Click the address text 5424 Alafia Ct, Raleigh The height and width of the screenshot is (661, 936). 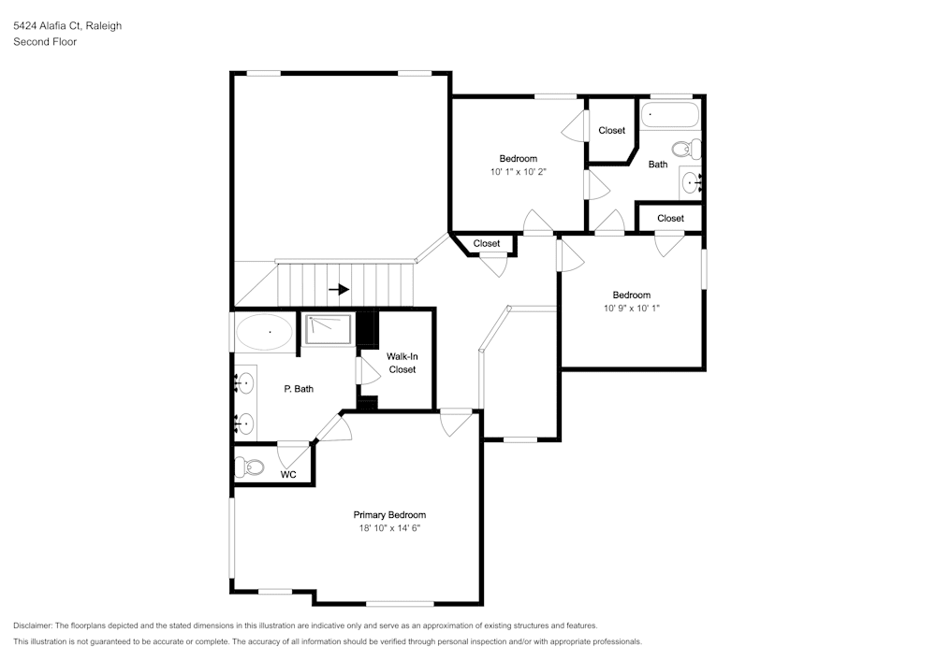pyautogui.click(x=67, y=26)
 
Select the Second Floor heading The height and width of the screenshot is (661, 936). pyautogui.click(x=45, y=42)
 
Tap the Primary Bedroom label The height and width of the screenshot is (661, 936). pyautogui.click(x=389, y=515)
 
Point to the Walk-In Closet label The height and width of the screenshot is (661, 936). pyautogui.click(x=402, y=363)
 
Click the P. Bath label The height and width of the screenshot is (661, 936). pyautogui.click(x=299, y=389)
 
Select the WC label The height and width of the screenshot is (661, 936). pyautogui.click(x=289, y=475)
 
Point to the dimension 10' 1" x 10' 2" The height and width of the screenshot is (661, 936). pyautogui.click(x=518, y=172)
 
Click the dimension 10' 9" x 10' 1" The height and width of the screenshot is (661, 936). pyautogui.click(x=632, y=309)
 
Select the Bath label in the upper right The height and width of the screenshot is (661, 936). pyautogui.click(x=658, y=165)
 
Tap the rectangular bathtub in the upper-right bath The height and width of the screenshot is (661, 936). pyautogui.click(x=669, y=115)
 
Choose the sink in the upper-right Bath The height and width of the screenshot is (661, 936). pyautogui.click(x=693, y=183)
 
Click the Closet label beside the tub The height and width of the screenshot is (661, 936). pyautogui.click(x=611, y=131)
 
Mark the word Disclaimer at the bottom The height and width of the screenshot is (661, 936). pyautogui.click(x=34, y=625)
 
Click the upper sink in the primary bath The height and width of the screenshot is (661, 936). pyautogui.click(x=244, y=382)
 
